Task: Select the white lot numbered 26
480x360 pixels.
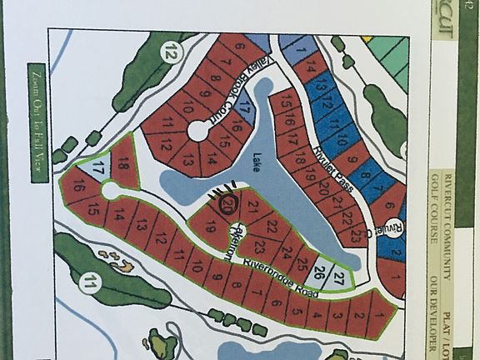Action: point(317,272)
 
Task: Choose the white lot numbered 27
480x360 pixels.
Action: point(338,277)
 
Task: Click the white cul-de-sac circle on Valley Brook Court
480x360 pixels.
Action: point(198,131)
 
